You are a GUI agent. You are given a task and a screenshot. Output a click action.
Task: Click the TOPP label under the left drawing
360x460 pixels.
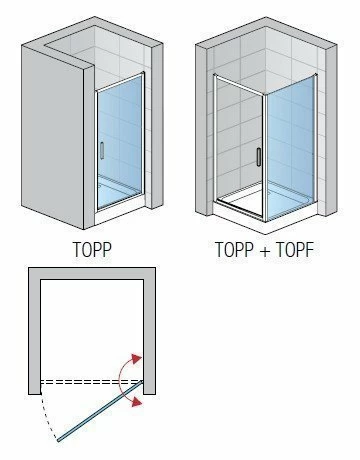(92, 250)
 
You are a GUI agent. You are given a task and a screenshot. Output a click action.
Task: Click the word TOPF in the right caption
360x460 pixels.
(295, 250)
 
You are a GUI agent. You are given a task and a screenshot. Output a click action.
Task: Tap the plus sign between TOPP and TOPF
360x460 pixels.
(265, 251)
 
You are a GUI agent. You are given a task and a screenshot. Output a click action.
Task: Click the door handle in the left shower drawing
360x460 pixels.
(102, 151)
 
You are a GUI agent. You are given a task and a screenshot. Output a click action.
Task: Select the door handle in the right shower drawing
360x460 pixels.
(259, 157)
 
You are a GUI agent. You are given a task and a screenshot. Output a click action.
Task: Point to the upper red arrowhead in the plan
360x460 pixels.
(136, 359)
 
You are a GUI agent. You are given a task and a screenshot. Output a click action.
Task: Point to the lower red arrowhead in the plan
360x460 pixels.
(137, 402)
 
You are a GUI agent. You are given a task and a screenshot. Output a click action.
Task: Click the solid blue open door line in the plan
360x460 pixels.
(100, 411)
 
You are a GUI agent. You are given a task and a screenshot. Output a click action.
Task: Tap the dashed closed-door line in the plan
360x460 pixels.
(91, 381)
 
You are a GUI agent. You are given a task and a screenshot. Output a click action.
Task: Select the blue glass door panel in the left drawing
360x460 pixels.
(119, 140)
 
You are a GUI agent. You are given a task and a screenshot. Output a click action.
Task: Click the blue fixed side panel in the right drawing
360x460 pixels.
(291, 148)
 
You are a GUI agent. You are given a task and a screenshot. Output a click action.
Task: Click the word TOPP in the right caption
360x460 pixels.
(234, 250)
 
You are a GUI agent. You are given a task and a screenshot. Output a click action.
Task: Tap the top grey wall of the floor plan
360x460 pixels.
(92, 273)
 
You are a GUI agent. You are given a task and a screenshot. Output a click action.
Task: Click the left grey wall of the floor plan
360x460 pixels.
(34, 333)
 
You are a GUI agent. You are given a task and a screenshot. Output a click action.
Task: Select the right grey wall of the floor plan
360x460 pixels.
(149, 333)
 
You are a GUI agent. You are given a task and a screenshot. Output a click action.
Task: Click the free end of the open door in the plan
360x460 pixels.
(58, 440)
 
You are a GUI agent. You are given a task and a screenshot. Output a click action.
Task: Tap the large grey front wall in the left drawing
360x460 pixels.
(52, 137)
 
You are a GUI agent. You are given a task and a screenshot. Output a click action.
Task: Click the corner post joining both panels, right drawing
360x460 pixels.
(265, 158)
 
